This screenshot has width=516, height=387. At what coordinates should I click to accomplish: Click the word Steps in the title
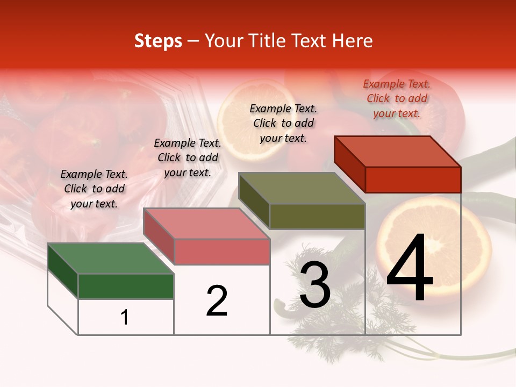tap(158, 41)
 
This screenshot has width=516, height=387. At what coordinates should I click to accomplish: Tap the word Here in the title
tap(352, 41)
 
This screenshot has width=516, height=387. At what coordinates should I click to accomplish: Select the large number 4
tap(410, 269)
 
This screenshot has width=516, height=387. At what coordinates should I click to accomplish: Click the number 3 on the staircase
tap(315, 285)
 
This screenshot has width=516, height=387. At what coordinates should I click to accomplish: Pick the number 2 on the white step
tap(217, 301)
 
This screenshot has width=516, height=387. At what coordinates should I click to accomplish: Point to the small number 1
tap(125, 317)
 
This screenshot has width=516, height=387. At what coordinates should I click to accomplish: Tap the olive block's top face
tap(302, 188)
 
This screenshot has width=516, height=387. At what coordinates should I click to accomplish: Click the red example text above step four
tap(397, 99)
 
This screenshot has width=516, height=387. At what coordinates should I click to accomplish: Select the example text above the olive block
tap(283, 123)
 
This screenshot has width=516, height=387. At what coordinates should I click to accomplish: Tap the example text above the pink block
tap(188, 157)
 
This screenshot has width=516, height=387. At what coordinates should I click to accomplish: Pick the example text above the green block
tap(94, 189)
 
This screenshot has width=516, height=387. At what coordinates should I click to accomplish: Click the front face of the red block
tap(413, 180)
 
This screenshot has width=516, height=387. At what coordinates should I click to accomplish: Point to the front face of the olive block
tap(317, 216)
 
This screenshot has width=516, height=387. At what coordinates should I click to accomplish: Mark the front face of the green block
tap(126, 286)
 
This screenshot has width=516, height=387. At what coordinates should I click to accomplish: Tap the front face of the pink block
tap(221, 252)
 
